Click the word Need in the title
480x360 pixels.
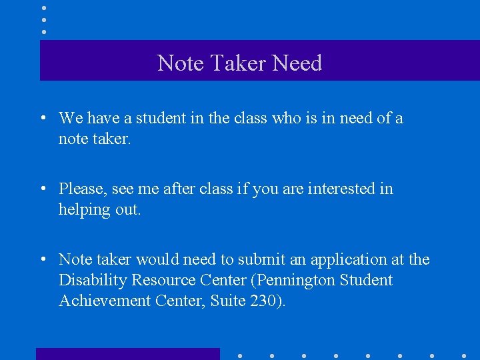click(297, 63)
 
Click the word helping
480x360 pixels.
click(84, 209)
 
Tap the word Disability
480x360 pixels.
click(93, 280)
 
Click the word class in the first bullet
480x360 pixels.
click(251, 119)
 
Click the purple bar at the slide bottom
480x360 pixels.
click(127, 353)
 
